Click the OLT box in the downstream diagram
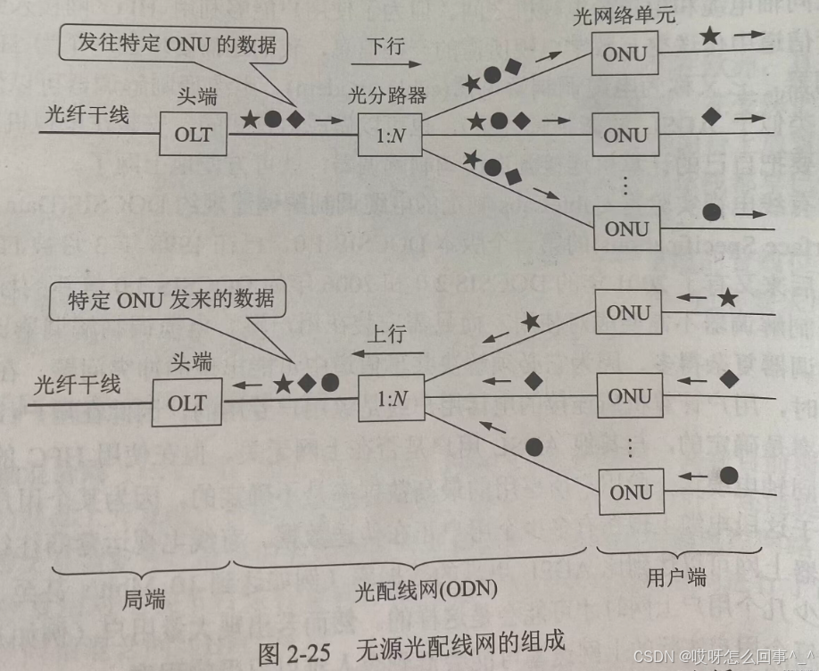tap(194, 136)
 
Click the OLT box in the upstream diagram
tap(186, 403)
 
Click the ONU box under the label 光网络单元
tap(625, 55)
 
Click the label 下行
tap(385, 44)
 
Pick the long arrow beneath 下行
tap(385, 64)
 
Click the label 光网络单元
tap(626, 16)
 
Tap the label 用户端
tap(675, 578)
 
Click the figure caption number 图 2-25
tap(294, 650)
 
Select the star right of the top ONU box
tap(709, 37)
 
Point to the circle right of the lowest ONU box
tap(711, 212)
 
